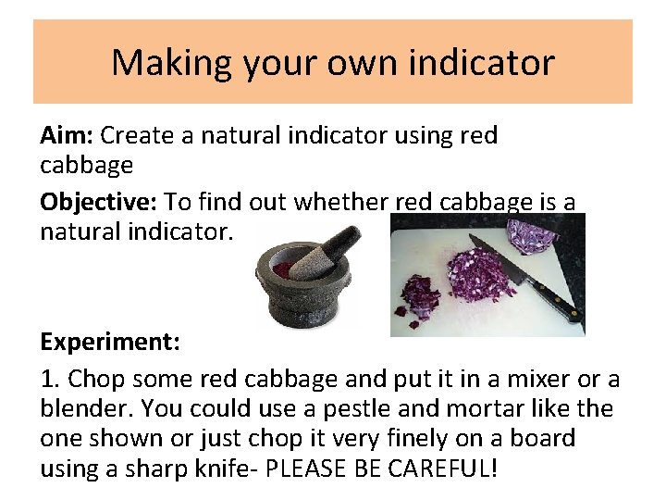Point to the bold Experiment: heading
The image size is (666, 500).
click(110, 342)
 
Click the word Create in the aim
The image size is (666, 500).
click(135, 136)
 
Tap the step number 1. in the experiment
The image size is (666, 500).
click(51, 380)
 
